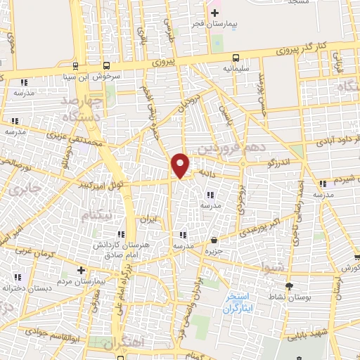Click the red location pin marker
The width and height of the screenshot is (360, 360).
[x=181, y=165]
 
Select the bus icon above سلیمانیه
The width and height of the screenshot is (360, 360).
[x=236, y=58]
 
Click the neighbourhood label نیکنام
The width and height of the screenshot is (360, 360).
[x=96, y=216]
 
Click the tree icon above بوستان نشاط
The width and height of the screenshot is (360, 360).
[x=288, y=285]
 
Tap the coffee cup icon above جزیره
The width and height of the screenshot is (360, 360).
[x=214, y=240]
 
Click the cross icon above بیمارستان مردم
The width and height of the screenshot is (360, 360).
[x=82, y=269]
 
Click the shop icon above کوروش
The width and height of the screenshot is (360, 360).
[x=357, y=259]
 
